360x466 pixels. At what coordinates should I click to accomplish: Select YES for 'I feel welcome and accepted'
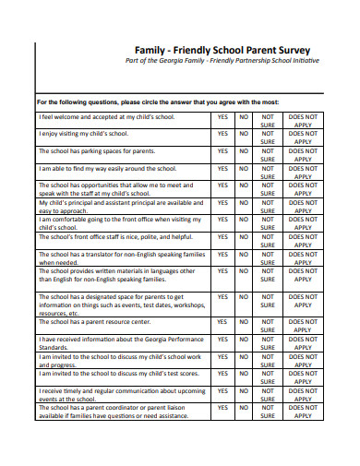(x=222, y=117)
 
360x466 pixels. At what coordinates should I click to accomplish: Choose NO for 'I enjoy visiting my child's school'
(x=245, y=134)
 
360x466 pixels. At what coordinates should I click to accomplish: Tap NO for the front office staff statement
(x=245, y=237)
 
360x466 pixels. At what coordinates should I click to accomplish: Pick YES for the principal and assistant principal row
(x=222, y=202)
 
